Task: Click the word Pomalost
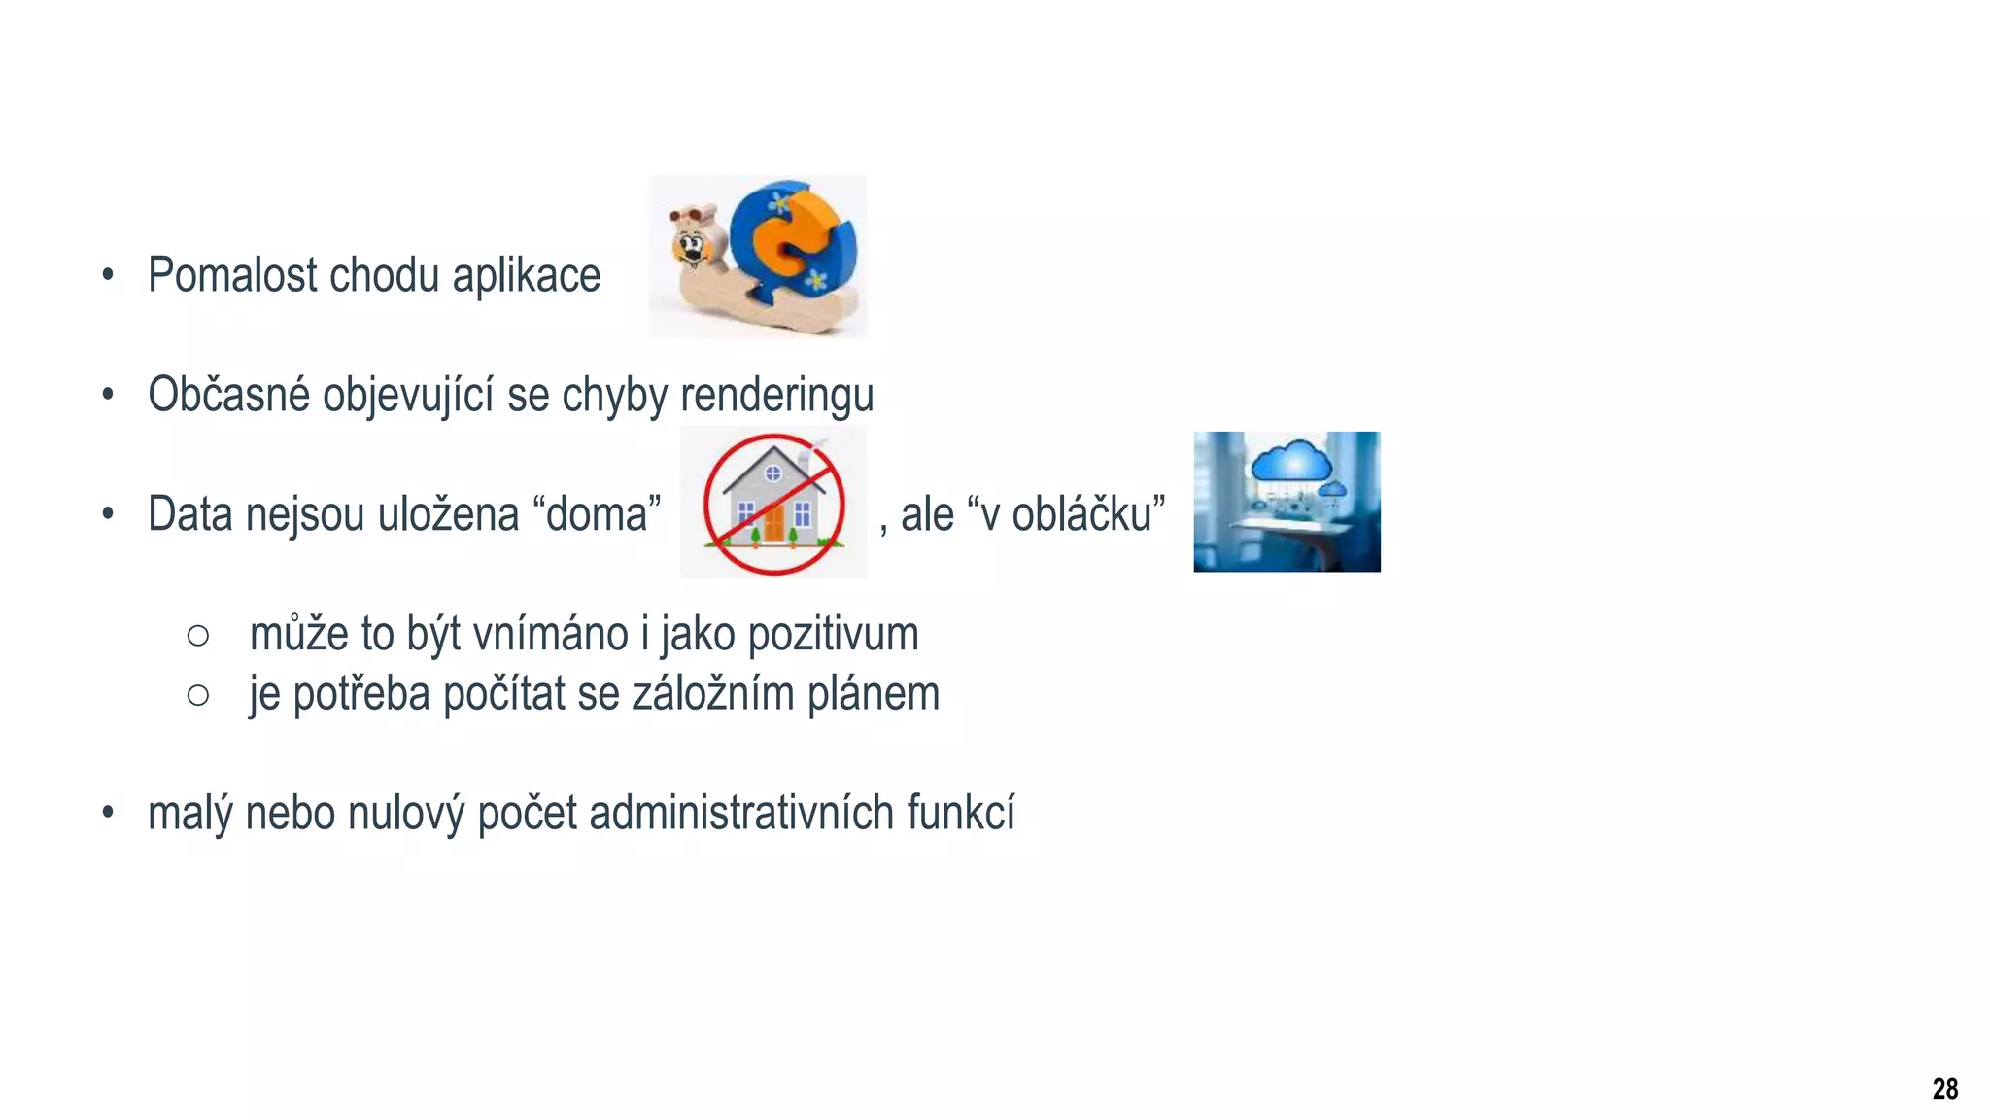pos(232,275)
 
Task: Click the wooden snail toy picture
pos(757,257)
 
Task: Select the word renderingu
pos(776,396)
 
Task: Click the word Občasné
pos(228,395)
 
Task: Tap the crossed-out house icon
pos(773,503)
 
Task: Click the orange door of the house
pos(773,522)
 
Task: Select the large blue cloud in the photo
pos(1291,461)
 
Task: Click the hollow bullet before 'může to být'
pos(198,636)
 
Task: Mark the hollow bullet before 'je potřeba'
pos(198,695)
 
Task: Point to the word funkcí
pos(961,813)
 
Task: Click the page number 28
pos(1944,1089)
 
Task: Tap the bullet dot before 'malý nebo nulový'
pos(108,813)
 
